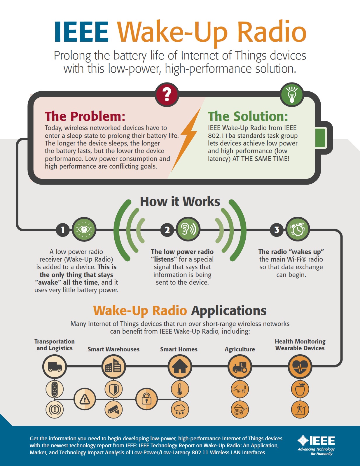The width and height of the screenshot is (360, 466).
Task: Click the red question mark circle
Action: [x=167, y=94]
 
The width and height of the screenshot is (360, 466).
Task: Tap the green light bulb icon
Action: [x=292, y=94]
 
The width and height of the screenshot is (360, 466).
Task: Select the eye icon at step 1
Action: [x=84, y=229]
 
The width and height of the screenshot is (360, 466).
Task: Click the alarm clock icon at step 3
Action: [x=298, y=229]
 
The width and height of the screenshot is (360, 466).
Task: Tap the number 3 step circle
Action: [x=277, y=230]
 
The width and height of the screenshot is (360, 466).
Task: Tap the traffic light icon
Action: [x=55, y=389]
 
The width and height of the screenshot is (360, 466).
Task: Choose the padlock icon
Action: [x=146, y=399]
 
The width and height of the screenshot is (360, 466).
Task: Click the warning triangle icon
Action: [x=85, y=399]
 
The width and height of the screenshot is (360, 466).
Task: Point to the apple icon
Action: [x=300, y=389]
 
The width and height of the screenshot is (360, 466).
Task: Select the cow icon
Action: [x=240, y=389]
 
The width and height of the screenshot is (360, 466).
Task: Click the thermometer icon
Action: [x=180, y=389]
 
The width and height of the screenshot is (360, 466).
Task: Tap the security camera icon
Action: [x=113, y=409]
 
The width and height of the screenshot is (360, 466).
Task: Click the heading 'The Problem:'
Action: [x=85, y=116]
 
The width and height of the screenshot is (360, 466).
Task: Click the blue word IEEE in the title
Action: [x=81, y=31]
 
